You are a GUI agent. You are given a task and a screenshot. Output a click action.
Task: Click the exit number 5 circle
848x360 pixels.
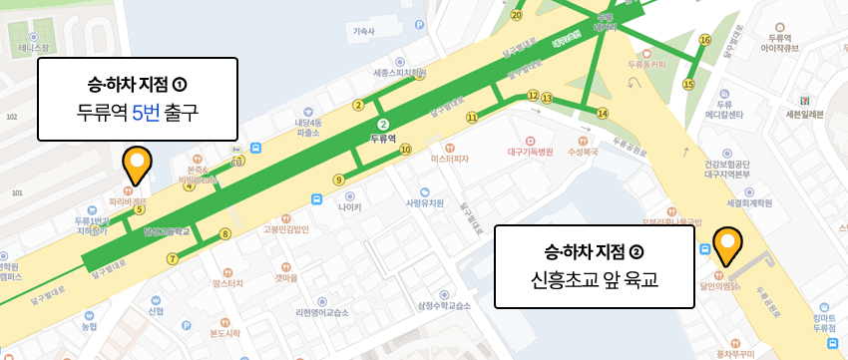140,209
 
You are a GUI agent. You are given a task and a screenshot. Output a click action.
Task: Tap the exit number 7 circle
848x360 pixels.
172,259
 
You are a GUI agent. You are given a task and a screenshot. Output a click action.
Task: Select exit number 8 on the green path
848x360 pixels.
225,234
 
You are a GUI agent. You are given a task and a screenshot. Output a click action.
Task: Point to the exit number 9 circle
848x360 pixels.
339,180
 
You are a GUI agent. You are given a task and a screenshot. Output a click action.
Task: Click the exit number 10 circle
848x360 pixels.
405,150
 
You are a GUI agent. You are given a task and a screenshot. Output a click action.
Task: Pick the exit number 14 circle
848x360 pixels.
602,114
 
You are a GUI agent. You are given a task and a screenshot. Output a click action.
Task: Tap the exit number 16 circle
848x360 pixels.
704,40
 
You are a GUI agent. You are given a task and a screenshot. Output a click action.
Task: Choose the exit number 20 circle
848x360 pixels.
517,15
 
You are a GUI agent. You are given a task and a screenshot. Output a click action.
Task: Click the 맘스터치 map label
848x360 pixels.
228,284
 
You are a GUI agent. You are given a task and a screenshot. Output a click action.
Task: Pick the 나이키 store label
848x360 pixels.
350,207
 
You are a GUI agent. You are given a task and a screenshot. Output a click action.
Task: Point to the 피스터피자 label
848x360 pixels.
450,158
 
